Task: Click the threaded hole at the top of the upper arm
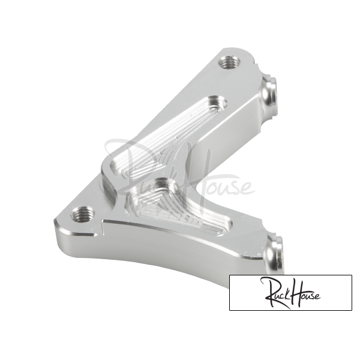[x=229, y=62]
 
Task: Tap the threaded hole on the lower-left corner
[x=82, y=214]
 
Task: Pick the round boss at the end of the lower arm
[x=275, y=254]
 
